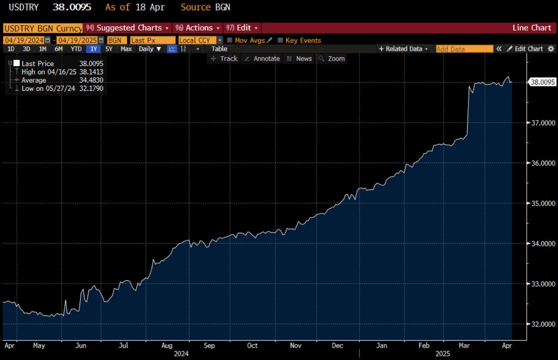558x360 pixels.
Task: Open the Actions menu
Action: [199, 28]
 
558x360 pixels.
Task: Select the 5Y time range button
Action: [109, 49]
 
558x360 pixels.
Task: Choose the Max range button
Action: [126, 49]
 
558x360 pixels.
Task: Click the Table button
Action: [219, 49]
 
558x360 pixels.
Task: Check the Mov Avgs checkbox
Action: [230, 40]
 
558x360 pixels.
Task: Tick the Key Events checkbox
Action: [280, 40]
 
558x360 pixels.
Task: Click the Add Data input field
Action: [464, 49]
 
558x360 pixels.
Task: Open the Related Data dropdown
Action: [403, 49]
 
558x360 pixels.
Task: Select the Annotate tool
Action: [262, 59]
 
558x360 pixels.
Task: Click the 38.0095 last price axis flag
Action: [543, 82]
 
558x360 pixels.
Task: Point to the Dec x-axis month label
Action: [338, 346]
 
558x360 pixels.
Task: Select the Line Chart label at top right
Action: [531, 28]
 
